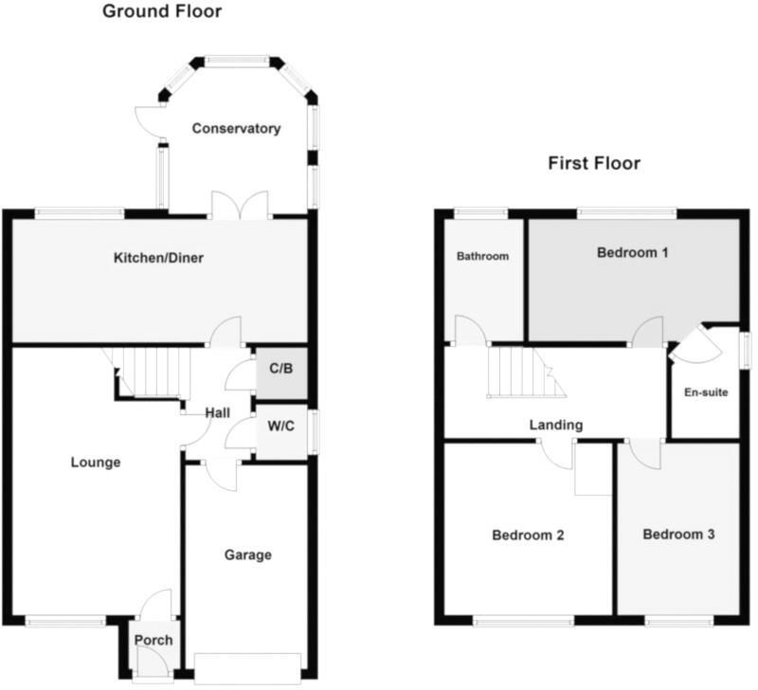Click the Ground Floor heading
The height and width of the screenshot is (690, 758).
pos(161,12)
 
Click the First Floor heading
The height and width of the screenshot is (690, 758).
pos(594,163)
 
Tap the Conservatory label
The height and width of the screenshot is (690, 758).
pos(237,128)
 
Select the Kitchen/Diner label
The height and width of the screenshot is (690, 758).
pos(159,258)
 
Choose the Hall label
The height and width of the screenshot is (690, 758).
pos(218,412)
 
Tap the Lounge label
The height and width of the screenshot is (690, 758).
pos(96,463)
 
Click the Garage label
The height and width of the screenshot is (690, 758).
pos(247,554)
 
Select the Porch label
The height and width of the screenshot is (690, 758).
pos(153,640)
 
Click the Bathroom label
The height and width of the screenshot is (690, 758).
pos(483,256)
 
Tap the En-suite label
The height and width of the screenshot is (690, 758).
pos(706,392)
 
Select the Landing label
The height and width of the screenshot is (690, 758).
pos(556,425)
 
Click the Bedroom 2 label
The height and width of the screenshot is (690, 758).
pos(528,535)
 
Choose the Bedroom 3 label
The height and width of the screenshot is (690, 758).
pos(678,534)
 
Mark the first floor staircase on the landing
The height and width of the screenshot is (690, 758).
pos(521,372)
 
